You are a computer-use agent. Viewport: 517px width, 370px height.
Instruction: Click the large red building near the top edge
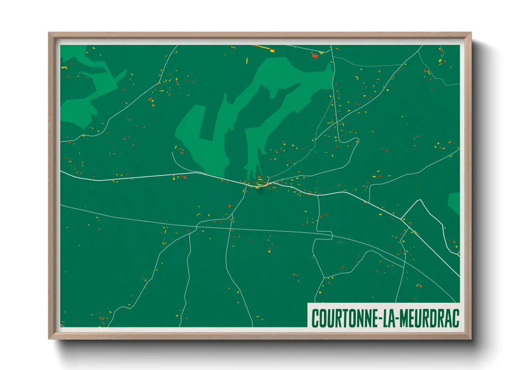pos(315,56)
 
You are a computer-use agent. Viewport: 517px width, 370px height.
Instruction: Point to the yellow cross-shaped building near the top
pos(247,61)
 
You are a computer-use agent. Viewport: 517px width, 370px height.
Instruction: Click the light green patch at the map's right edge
pos(454,203)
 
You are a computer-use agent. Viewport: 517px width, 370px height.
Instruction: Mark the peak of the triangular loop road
pos(420,200)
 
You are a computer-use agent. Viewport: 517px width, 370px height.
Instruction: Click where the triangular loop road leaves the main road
pos(402,218)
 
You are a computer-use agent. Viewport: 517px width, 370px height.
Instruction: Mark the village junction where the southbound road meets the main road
pos(247,184)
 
